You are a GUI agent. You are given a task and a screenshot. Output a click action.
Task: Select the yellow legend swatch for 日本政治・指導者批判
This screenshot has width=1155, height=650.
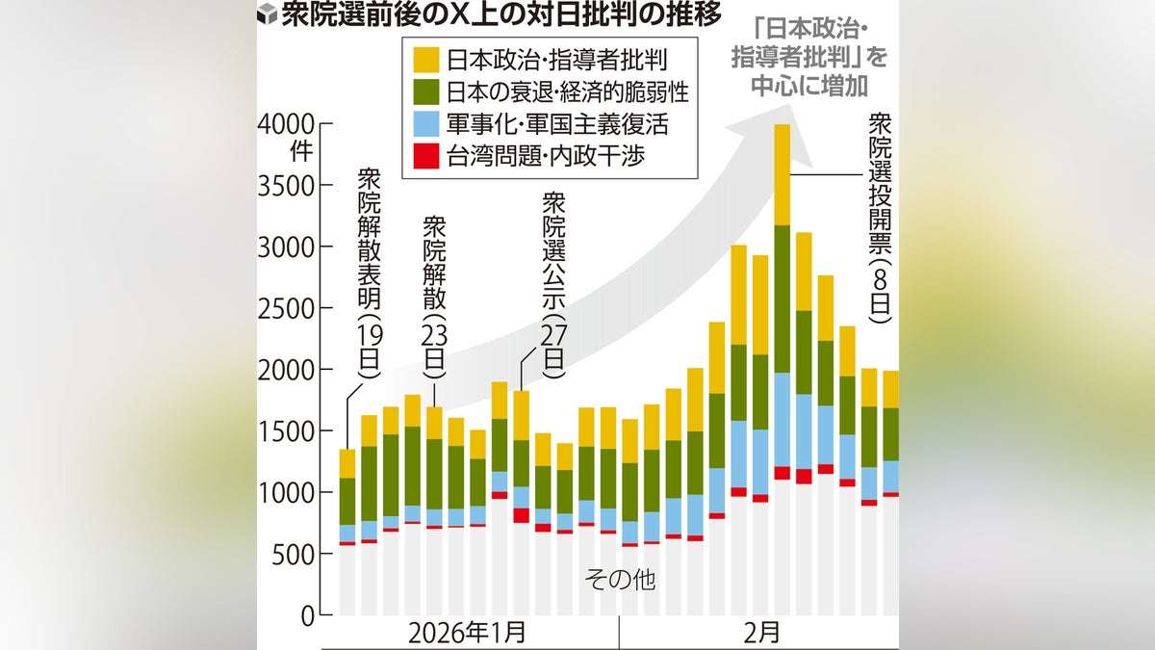(x=426, y=60)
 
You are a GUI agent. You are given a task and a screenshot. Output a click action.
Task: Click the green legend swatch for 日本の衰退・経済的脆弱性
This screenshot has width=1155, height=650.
(x=426, y=92)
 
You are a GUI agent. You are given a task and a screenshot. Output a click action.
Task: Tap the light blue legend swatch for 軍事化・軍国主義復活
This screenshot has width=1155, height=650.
(x=426, y=124)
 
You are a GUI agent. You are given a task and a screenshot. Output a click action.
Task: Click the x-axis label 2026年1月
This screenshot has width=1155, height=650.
(x=467, y=635)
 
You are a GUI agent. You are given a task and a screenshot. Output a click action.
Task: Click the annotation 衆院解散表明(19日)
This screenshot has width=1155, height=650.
(x=369, y=275)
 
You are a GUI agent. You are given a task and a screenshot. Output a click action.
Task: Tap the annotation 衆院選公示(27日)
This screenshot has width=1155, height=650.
(x=554, y=279)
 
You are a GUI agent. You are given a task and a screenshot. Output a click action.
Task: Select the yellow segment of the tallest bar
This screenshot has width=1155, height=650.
(x=782, y=174)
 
